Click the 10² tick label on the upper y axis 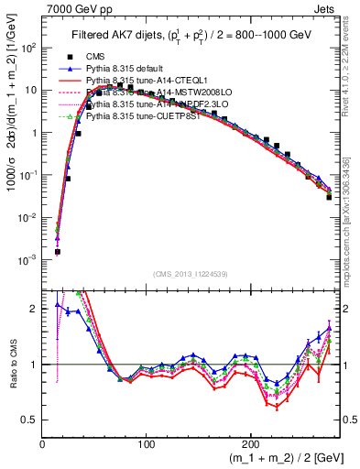(x=28, y=48)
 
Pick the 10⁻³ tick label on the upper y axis (x=28, y=260)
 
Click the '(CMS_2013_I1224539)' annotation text (x=191, y=273)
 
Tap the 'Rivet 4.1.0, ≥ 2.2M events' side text (x=353, y=73)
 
